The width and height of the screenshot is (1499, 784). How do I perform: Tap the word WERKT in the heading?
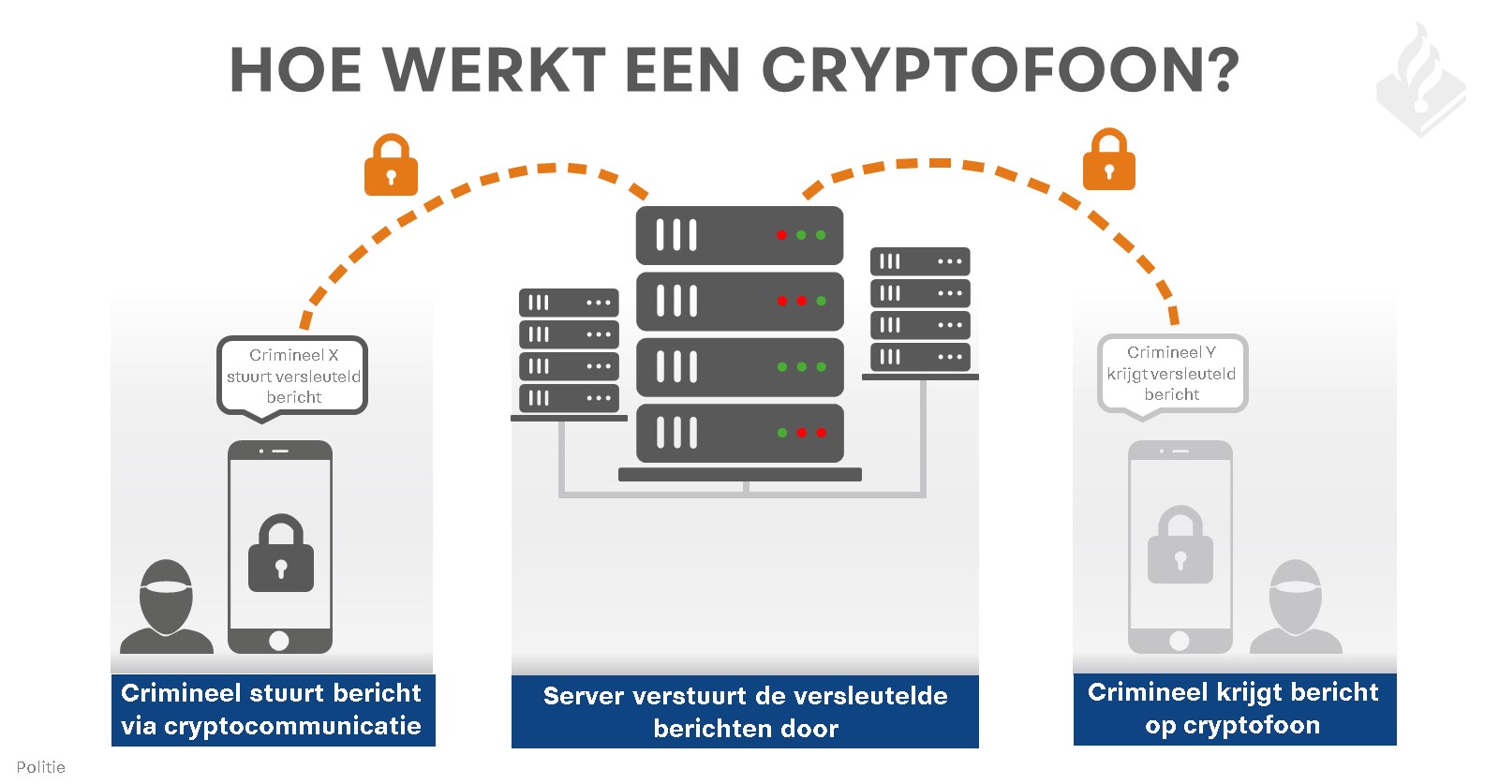[x=495, y=69]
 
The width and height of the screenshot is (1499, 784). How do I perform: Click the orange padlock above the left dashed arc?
[x=391, y=165]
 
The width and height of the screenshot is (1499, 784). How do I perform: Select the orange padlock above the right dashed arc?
[x=1109, y=160]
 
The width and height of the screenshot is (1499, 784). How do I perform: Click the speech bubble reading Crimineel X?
[x=292, y=376]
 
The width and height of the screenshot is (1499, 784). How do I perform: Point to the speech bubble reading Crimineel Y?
[x=1172, y=374]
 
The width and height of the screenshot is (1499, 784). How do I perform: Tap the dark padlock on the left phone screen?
[x=281, y=553]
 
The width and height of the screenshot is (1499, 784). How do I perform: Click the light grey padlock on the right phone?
[x=1180, y=544]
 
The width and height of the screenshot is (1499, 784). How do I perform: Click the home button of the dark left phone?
[x=279, y=641]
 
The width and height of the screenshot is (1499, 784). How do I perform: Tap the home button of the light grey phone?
[x=1180, y=641]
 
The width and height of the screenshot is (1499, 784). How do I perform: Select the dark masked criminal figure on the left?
[x=167, y=606]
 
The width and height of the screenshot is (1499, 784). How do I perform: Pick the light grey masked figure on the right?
[x=1297, y=606]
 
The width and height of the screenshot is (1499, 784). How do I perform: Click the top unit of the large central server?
[x=739, y=235]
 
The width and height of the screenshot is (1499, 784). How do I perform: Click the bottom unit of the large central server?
[x=739, y=433]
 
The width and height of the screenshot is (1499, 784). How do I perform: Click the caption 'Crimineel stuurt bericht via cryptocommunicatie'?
[x=272, y=710]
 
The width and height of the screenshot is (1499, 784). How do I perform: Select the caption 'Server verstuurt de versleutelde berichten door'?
[x=746, y=712]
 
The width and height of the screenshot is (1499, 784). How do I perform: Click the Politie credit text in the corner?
[x=41, y=767]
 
